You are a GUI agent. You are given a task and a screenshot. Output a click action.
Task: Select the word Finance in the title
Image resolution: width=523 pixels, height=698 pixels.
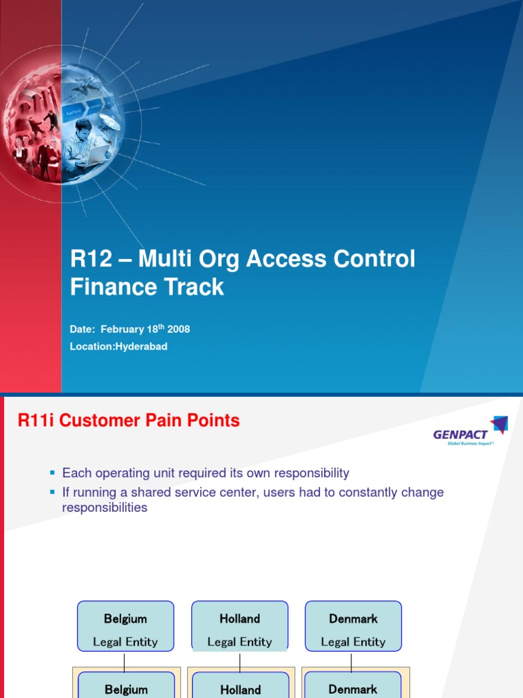pos(110,287)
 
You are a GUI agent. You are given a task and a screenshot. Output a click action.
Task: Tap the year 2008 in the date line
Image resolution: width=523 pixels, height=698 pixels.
pos(178,329)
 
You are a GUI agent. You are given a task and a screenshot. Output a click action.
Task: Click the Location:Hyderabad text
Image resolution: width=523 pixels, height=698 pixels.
pos(118,346)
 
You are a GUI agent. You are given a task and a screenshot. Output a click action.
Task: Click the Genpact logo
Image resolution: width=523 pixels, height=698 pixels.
pos(470,431)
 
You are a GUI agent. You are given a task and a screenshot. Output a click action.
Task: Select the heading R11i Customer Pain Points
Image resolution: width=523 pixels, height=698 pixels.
pos(129,421)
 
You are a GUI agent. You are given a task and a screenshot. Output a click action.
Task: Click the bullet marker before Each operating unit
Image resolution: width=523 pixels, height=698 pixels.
pos(52,472)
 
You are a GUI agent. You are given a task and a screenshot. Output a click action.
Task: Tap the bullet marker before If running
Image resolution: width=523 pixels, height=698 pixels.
pos(52,492)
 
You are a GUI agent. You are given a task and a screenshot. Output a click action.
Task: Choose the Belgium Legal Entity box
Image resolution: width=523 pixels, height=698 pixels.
pos(125,626)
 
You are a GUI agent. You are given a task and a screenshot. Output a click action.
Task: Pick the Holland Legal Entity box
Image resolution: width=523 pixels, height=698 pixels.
pos(240,626)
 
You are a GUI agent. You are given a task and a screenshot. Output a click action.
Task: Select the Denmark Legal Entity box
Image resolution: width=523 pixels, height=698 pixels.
pos(353,626)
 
